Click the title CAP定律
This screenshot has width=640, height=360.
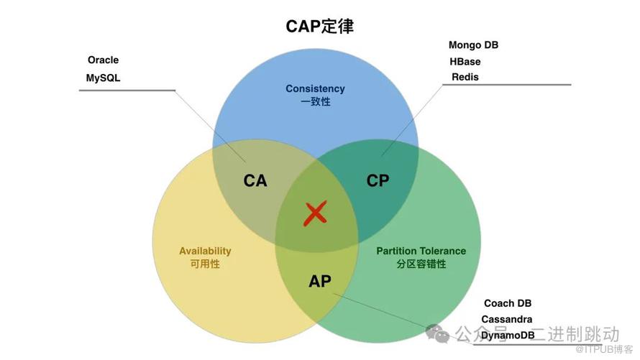pyautogui.click(x=320, y=27)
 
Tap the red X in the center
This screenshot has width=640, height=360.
pyautogui.click(x=316, y=213)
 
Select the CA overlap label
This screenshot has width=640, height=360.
pyautogui.click(x=255, y=180)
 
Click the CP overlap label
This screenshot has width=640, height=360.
pyautogui.click(x=378, y=180)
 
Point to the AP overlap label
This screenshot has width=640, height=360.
pyautogui.click(x=320, y=280)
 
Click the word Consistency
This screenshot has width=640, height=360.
pyautogui.click(x=315, y=88)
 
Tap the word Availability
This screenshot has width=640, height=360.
pyautogui.click(x=205, y=251)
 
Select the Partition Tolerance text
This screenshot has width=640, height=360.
pyautogui.click(x=421, y=251)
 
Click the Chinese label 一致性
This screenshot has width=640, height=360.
pyautogui.click(x=315, y=102)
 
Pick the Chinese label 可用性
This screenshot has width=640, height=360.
pyautogui.click(x=205, y=264)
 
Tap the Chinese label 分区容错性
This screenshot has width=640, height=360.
pyautogui.click(x=421, y=264)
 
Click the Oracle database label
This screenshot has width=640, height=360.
pyautogui.click(x=103, y=60)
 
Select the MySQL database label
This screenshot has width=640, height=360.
pyautogui.click(x=103, y=77)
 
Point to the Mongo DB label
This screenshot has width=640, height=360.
pyautogui.click(x=473, y=45)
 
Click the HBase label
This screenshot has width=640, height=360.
pyautogui.click(x=465, y=61)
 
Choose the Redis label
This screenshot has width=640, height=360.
pyautogui.click(x=465, y=77)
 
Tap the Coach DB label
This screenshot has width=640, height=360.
pyautogui.click(x=508, y=303)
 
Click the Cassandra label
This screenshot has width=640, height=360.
pyautogui.click(x=507, y=319)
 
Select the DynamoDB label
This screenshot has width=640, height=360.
pyautogui.click(x=508, y=336)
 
